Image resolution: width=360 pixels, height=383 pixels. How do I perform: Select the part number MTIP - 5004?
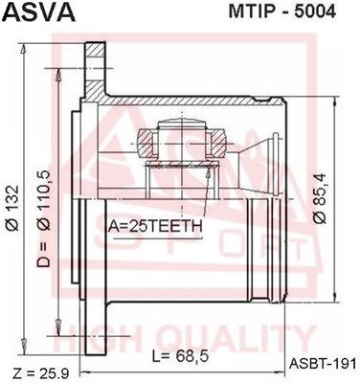(x=282, y=11)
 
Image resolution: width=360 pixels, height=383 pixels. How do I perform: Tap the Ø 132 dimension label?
(x=13, y=208)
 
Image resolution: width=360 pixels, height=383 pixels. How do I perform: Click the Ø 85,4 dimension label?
(x=320, y=197)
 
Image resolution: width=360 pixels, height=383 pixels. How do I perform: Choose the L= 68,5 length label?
(x=180, y=356)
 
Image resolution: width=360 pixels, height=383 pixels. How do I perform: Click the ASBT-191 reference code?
(x=322, y=363)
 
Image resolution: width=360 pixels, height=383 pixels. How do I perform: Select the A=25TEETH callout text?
(x=155, y=226)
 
